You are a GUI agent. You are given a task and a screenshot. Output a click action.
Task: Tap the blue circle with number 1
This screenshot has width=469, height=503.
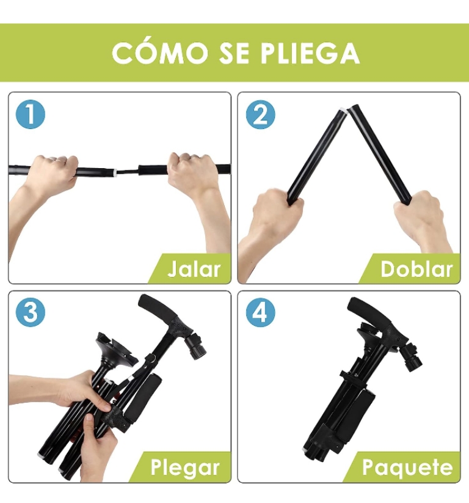(31, 114)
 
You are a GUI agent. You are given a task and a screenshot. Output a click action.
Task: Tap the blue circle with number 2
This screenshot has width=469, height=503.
(261, 114)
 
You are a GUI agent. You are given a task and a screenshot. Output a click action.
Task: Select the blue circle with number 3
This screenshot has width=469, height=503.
(31, 313)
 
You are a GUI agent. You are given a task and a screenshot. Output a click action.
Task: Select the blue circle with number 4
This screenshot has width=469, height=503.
(261, 313)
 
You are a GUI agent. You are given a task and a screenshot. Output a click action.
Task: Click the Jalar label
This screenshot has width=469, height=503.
(194, 269)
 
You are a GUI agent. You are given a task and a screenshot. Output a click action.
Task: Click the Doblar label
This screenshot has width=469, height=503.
(416, 269)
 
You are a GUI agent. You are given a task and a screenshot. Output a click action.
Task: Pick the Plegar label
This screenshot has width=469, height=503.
(184, 468)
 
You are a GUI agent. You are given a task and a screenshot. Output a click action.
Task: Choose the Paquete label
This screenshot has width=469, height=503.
(407, 468)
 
